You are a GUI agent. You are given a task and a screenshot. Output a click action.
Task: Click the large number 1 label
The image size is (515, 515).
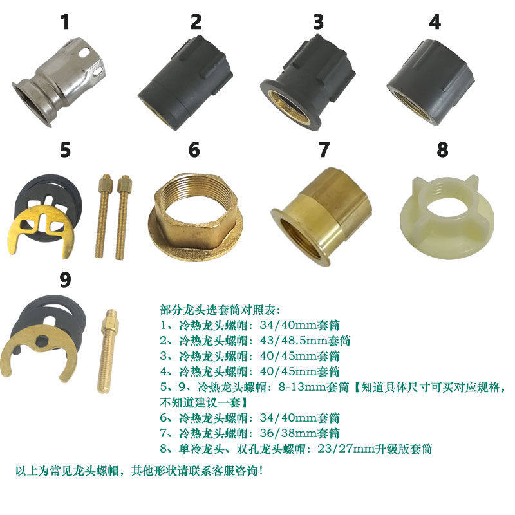(x=64, y=23)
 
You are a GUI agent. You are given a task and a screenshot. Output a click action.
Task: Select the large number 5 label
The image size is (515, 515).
(x=64, y=151)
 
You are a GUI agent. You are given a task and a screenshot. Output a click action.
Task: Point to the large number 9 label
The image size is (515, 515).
(x=64, y=281)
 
